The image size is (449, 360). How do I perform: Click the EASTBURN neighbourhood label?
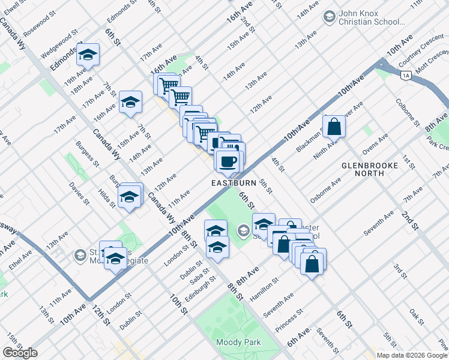[x=234, y=182]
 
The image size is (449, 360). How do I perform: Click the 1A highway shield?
[x=406, y=74]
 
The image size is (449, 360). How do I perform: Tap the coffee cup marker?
[x=228, y=161]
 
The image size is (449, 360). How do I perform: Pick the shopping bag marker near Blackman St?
[x=334, y=127]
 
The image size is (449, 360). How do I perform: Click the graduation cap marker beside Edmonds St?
[x=88, y=55]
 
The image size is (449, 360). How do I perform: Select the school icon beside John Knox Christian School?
[x=329, y=17]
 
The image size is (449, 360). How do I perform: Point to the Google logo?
[x=20, y=353]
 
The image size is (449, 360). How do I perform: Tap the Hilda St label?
[x=107, y=196]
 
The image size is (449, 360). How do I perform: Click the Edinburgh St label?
[x=199, y=290]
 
